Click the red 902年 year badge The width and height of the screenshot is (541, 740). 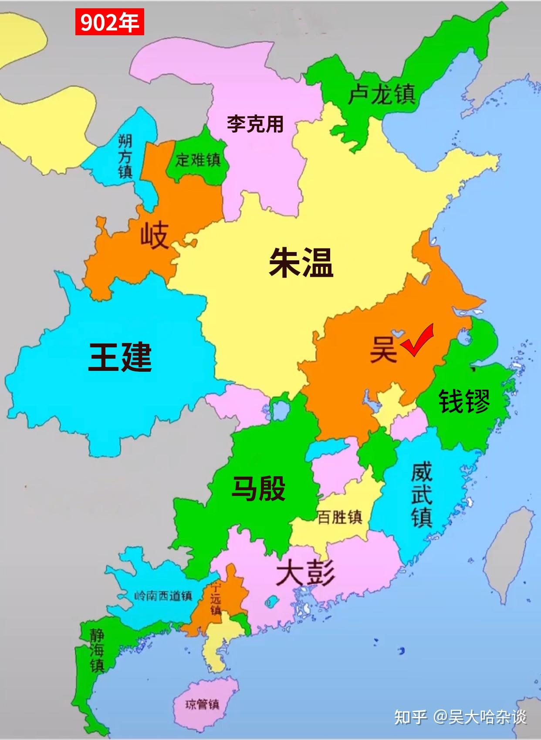click(109, 23)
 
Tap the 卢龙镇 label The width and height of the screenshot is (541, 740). click(381, 94)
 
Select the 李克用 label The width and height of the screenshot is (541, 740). click(255, 124)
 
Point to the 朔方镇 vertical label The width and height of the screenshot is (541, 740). click(125, 156)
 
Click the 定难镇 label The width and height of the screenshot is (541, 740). click(198, 160)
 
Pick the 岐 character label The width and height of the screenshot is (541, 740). click(154, 235)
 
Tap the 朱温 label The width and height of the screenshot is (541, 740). click(301, 262)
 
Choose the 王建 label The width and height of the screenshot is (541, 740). click(120, 357)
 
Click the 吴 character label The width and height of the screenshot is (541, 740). click(383, 350)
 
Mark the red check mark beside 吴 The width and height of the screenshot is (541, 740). click(417, 340)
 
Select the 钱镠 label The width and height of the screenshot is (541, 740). click(464, 401)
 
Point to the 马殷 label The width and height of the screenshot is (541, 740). click(259, 488)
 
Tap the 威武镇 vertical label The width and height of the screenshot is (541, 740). click(422, 495)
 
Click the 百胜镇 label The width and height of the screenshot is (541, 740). click(340, 517)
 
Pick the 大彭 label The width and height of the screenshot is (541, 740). click(305, 572)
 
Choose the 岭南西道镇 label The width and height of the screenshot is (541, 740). click(163, 595)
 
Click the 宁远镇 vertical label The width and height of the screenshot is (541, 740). click(216, 599)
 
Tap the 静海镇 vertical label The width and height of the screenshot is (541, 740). click(97, 651)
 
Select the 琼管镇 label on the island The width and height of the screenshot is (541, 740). click(202, 704)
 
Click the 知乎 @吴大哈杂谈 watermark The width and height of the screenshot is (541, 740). click(460, 716)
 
